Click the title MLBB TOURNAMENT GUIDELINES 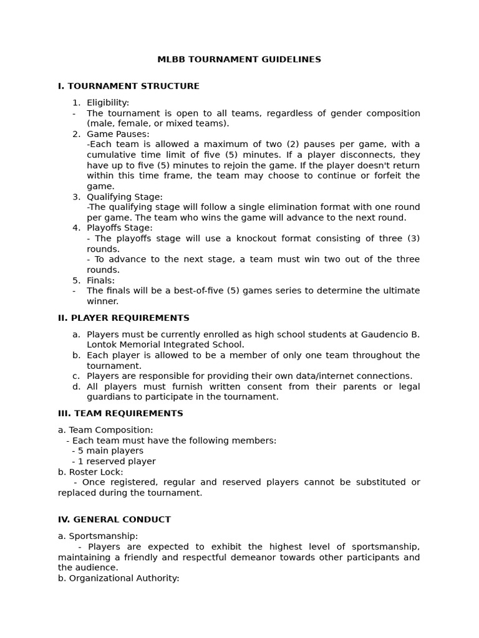coord(239,60)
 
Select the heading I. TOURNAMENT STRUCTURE coord(128,86)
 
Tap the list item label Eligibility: coord(108,103)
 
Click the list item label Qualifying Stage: coord(125,197)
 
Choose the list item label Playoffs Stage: coord(119,228)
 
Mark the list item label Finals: coord(100,280)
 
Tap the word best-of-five coord(205,291)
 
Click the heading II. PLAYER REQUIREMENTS coord(123,318)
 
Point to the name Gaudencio coord(381,334)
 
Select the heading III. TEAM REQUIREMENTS coord(120,414)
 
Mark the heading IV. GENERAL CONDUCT coord(114,520)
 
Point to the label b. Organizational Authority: coord(119,578)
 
